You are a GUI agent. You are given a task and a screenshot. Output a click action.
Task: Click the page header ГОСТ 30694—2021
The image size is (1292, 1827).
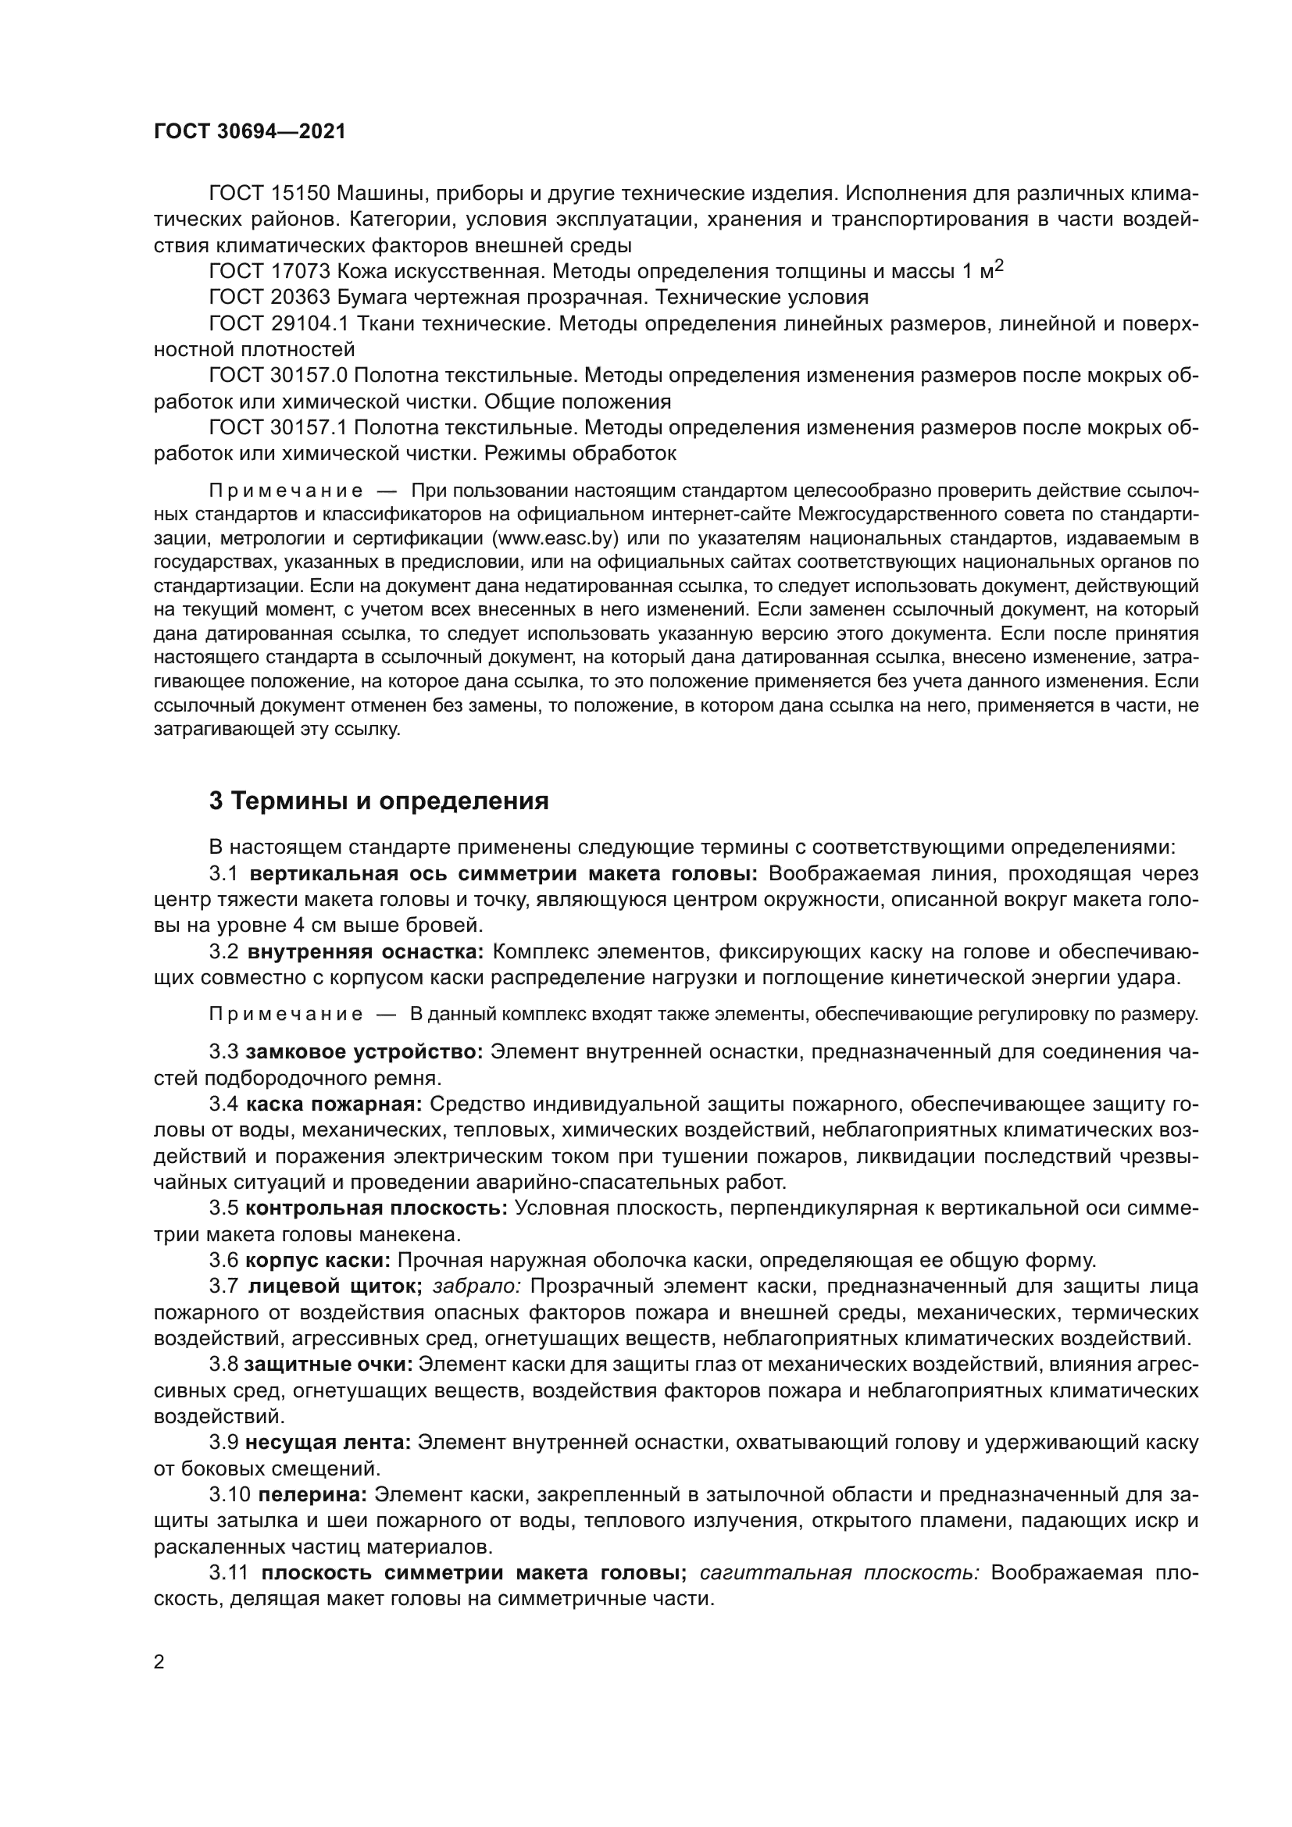click(250, 132)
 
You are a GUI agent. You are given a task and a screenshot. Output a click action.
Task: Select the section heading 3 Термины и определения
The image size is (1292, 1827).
click(379, 801)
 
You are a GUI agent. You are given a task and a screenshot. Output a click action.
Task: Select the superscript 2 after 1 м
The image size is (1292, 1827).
click(999, 266)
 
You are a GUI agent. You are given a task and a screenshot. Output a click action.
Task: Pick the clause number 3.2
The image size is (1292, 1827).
click(223, 951)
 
